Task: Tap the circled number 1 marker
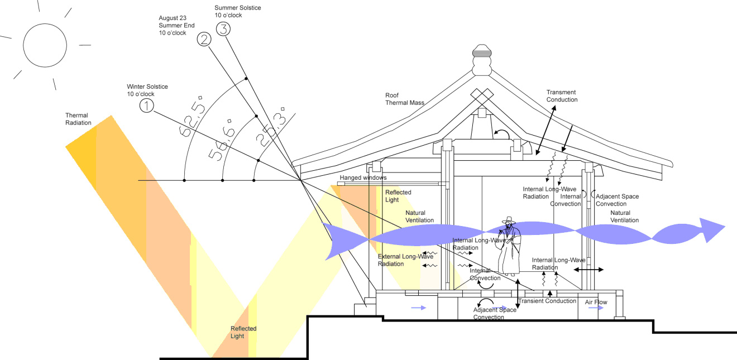pos(147,106)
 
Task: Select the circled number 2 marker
pos(204,40)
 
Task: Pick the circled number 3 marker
pos(223,29)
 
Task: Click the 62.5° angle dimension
pos(192,116)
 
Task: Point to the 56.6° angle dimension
pos(222,140)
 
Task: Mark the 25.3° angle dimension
pos(270,127)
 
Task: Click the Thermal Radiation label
pos(78,119)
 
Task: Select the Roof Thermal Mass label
pos(405,99)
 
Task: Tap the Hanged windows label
pos(363,177)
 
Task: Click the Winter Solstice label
pos(147,90)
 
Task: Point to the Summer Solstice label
pos(237,12)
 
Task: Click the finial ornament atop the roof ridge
pos(482,60)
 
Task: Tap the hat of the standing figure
pos(509,220)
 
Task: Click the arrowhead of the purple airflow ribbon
pos(712,230)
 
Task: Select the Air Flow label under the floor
pos(596,302)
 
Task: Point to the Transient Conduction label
pos(547,301)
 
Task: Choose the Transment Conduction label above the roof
pos(562,96)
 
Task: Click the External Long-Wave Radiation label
pos(405,260)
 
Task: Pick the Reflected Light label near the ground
pos(243,332)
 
